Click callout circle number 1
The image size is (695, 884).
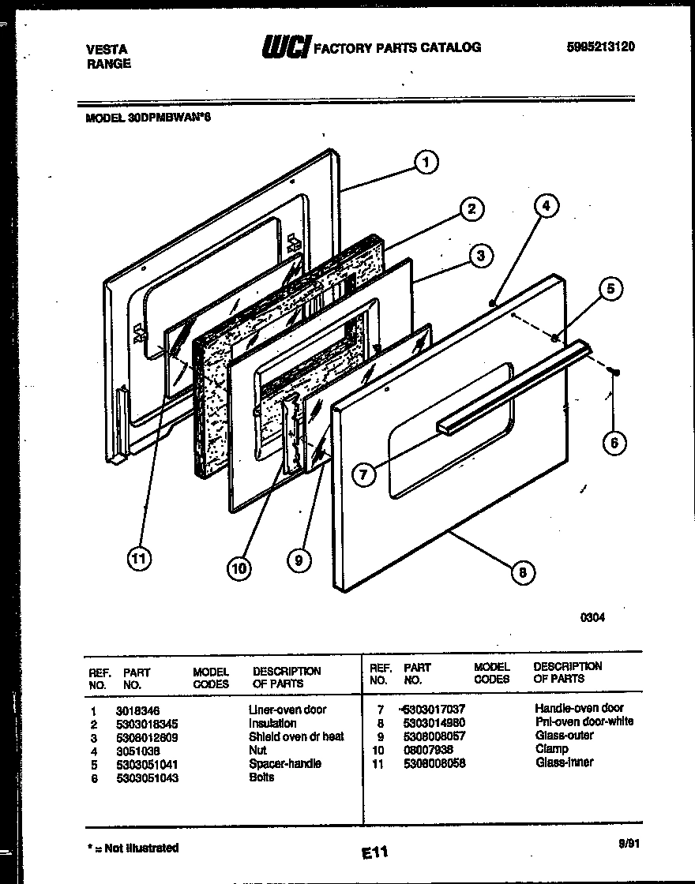click(x=426, y=163)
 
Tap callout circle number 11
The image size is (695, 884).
click(x=140, y=559)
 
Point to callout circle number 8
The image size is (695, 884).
click(x=522, y=572)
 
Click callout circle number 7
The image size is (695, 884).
click(x=363, y=474)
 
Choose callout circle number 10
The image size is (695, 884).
click(x=239, y=567)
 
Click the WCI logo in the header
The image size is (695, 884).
click(x=286, y=48)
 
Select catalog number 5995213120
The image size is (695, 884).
click(x=601, y=47)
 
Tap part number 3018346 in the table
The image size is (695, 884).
click(x=137, y=710)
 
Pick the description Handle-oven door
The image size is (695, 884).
click(x=579, y=708)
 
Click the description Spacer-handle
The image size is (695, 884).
click(x=285, y=764)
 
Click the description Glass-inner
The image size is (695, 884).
click(x=564, y=762)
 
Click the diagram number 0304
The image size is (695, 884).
click(x=593, y=618)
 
